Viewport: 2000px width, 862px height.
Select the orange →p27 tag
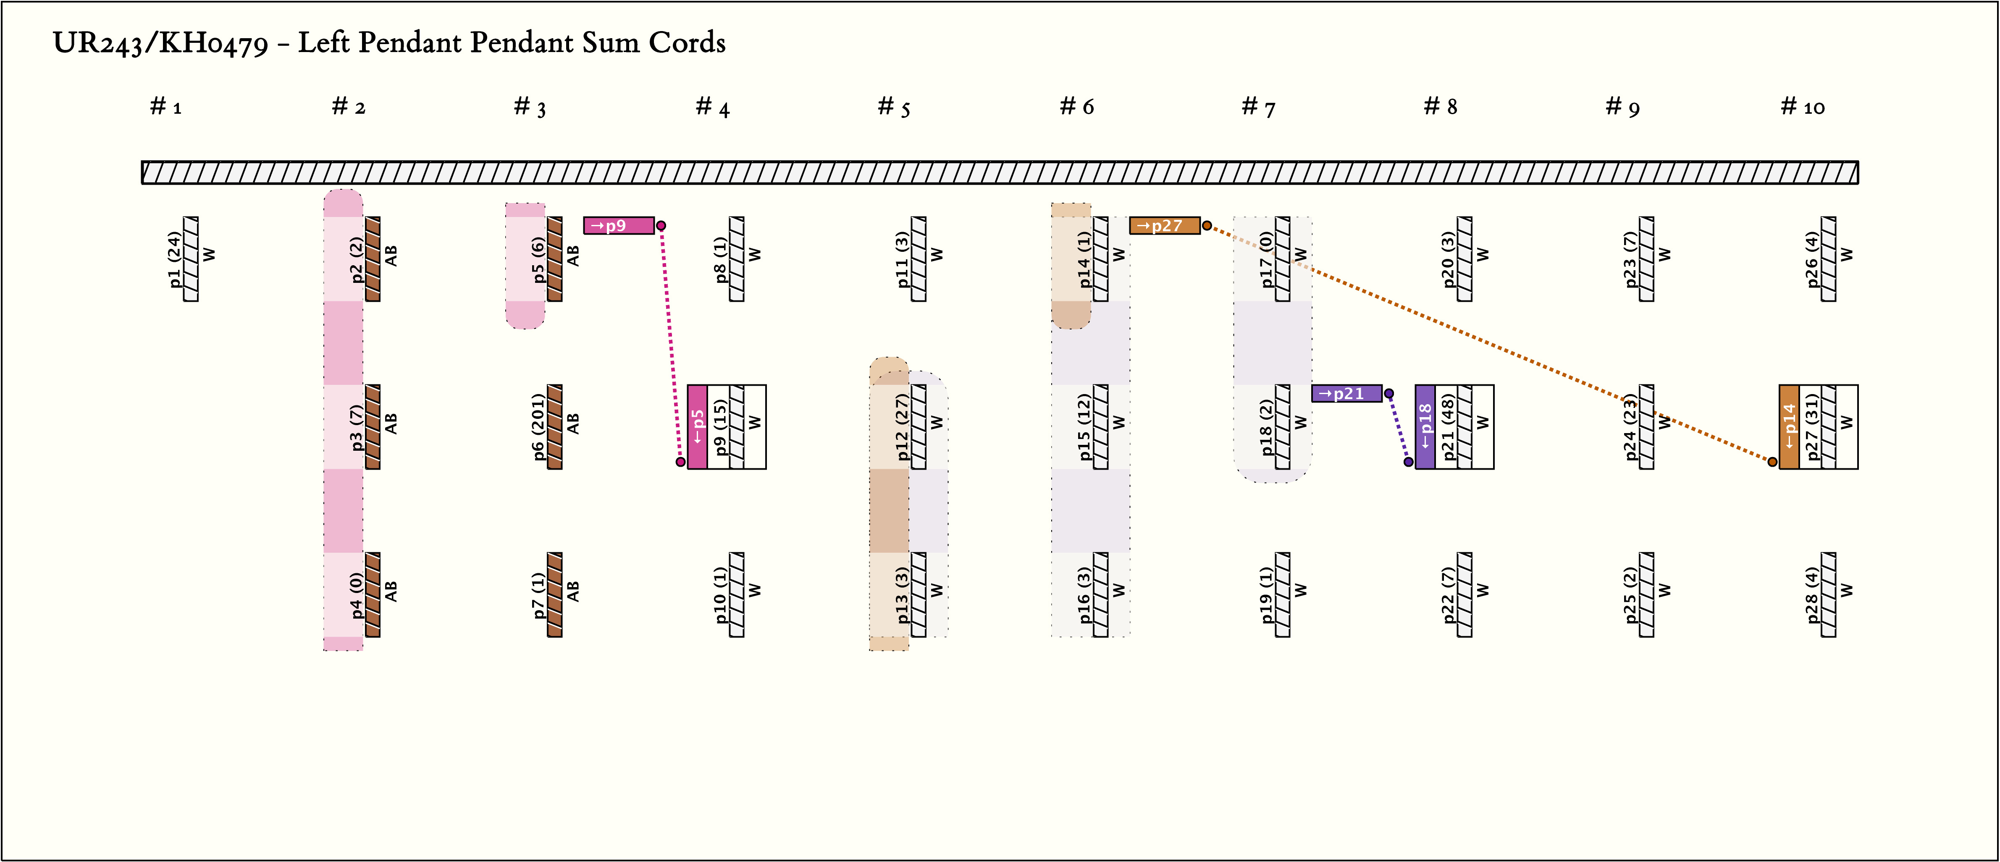click(x=1164, y=226)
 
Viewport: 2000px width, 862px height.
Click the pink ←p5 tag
click(x=697, y=427)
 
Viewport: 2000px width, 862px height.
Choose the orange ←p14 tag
click(x=1789, y=427)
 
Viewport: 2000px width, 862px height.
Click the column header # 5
click(x=894, y=107)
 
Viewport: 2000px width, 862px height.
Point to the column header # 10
click(x=1802, y=107)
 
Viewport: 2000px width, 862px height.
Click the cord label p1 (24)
click(x=175, y=259)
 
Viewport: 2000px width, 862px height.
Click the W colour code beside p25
click(x=1664, y=591)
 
